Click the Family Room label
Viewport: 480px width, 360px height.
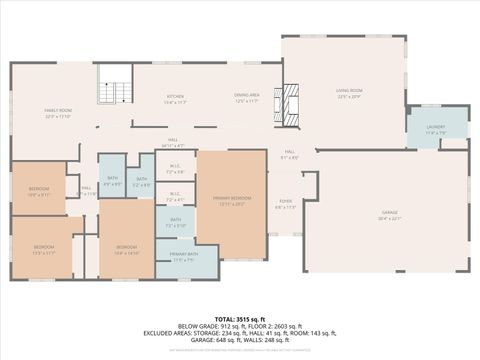click(58, 112)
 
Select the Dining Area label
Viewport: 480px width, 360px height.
click(247, 97)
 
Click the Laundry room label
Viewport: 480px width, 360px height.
click(435, 128)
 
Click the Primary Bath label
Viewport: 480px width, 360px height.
click(183, 256)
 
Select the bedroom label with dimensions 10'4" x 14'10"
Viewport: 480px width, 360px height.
click(126, 248)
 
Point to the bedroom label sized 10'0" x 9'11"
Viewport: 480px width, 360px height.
click(39, 190)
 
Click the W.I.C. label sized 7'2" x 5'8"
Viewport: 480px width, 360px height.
click(175, 169)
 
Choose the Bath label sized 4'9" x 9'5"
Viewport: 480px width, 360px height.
click(112, 180)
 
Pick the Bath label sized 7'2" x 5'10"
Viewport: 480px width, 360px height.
click(175, 220)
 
